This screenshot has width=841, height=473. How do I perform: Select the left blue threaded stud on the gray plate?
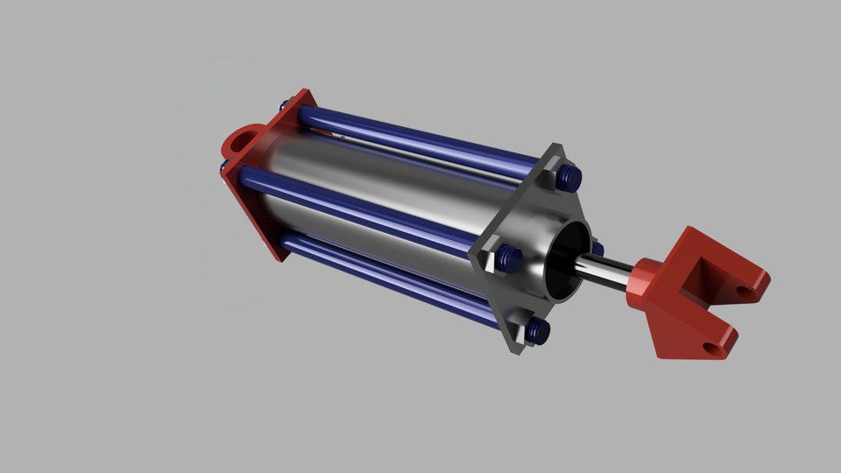pyautogui.click(x=509, y=258)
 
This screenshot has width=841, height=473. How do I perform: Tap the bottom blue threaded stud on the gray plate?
pyautogui.click(x=539, y=330)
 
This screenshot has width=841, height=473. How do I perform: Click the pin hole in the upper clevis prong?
pyautogui.click(x=743, y=289)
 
